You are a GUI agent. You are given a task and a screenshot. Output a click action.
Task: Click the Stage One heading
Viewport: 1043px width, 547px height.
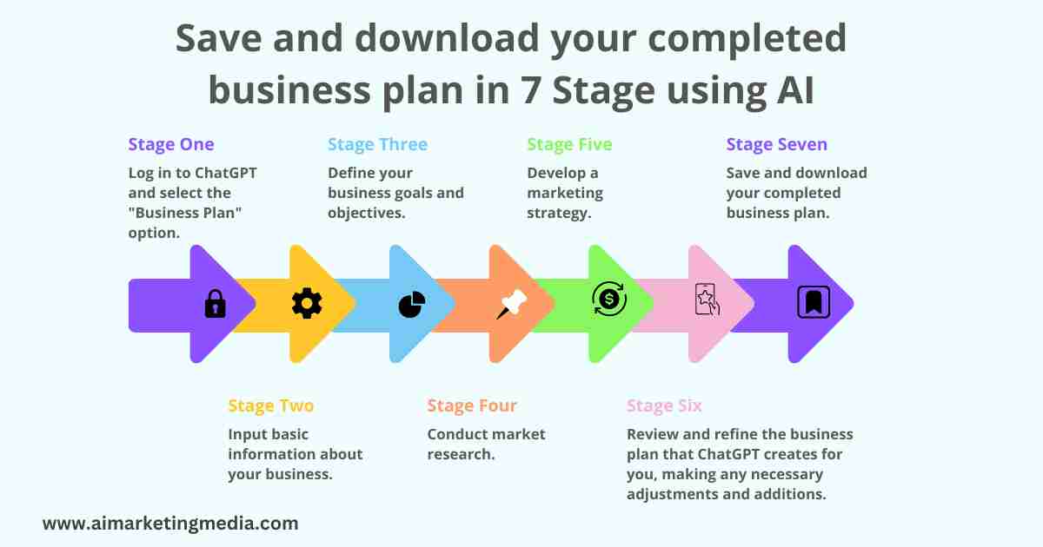171,145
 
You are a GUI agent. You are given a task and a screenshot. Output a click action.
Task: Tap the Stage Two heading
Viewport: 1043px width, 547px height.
271,406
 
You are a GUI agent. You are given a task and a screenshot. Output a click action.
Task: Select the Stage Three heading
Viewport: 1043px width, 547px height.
377,145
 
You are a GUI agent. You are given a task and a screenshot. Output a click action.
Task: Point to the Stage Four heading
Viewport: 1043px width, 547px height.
472,406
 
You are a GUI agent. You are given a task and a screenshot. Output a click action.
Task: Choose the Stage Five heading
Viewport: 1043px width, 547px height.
569,145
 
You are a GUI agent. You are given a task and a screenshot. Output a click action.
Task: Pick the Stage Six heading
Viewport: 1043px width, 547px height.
664,406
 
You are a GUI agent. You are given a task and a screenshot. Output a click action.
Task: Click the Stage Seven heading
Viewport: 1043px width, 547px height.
777,145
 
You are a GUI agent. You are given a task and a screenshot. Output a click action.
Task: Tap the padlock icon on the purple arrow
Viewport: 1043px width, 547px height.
216,304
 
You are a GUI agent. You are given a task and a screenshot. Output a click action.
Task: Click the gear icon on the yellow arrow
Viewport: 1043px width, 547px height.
307,303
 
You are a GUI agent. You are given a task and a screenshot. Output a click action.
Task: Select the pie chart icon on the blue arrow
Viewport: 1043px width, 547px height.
412,304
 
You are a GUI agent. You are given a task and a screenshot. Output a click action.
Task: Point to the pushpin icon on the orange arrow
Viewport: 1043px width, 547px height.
511,304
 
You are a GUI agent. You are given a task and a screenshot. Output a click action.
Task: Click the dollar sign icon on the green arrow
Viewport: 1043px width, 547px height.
609,299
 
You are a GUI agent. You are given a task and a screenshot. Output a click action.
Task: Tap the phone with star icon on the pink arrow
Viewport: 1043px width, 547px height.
708,300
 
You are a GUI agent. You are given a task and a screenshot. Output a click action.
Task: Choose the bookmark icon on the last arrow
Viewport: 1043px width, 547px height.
814,302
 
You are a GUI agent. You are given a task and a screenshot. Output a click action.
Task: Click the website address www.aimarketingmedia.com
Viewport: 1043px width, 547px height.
170,524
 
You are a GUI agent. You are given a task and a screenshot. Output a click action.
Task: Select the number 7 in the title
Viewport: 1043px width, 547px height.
530,89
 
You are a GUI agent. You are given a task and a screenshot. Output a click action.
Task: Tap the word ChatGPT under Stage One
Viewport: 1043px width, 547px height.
225,173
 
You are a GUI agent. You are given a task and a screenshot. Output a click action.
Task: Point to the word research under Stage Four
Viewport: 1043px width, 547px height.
461,454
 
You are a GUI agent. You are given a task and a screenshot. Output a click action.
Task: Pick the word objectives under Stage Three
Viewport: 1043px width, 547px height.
367,213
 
